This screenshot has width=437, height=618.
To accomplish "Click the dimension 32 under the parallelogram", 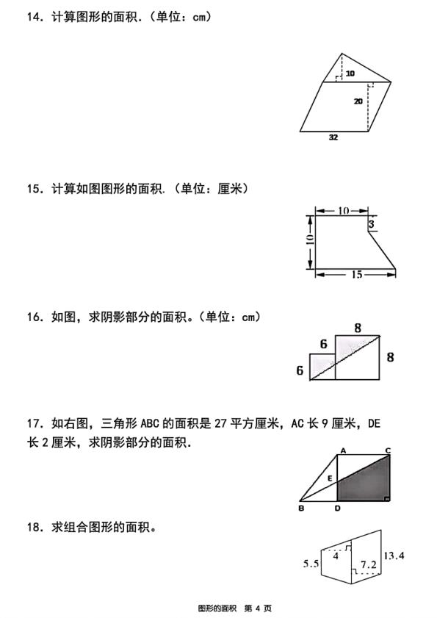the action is click(333, 137).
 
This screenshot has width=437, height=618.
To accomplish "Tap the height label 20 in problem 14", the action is click(358, 101).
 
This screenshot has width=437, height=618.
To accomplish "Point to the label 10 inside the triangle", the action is click(350, 73).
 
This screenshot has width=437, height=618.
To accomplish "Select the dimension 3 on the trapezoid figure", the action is click(372, 223).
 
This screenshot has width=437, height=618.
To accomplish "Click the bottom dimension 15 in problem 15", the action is click(356, 275).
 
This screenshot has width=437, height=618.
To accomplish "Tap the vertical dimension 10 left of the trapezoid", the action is click(309, 240).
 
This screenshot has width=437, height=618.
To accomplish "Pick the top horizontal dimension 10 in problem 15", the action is click(343, 211).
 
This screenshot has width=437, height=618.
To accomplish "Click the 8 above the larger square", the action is click(358, 328).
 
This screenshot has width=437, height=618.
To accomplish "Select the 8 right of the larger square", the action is click(390, 357).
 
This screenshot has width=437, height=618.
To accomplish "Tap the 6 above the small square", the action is click(322, 344).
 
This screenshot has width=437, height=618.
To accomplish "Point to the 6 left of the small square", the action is click(300, 371).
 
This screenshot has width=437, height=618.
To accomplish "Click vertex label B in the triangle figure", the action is click(301, 507).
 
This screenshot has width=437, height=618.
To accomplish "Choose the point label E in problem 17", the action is click(330, 478).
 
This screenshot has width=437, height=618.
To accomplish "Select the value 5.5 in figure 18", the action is click(310, 564).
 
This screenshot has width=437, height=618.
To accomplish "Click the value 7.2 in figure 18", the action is click(368, 564).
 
